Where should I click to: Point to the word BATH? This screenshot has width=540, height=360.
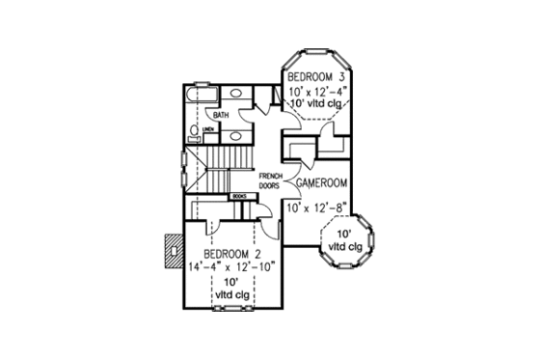pos(221,116)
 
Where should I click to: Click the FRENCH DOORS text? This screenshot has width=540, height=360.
pos(270,180)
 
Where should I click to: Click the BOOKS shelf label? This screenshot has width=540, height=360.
pos(240,197)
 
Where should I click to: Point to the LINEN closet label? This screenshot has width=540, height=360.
pos(207,127)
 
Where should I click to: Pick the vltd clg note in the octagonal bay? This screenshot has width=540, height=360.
pos(342,241)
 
